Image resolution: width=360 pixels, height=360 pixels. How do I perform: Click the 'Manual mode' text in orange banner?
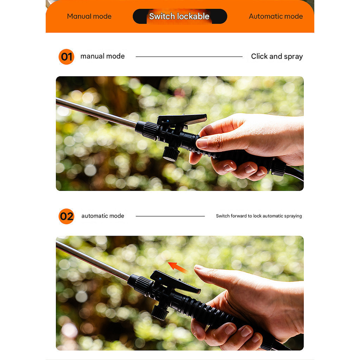tap(89, 16)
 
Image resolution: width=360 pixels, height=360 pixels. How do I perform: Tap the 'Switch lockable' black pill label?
tap(180, 16)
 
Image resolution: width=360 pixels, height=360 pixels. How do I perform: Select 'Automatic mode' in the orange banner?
tap(276, 16)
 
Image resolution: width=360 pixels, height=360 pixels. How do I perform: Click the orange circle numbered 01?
tap(66, 57)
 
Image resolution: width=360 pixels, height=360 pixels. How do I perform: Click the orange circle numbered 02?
tap(66, 216)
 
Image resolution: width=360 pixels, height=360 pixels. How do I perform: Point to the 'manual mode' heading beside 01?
tap(102, 56)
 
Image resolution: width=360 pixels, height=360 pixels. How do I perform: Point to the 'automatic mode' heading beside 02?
tap(103, 216)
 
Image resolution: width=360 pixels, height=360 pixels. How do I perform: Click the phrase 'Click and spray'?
tap(277, 57)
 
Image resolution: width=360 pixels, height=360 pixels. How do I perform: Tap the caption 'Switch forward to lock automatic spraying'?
tap(259, 216)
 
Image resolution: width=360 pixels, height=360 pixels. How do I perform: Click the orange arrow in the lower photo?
tap(177, 267)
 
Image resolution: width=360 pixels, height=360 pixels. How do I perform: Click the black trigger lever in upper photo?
tap(182, 119)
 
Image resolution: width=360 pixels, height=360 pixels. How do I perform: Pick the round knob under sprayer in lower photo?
tap(160, 312)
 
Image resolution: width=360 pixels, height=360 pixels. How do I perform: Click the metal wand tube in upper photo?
tap(96, 113)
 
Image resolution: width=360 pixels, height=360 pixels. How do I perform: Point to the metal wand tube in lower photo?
tap(93, 261)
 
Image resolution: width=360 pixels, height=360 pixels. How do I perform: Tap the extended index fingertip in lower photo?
tap(198, 267)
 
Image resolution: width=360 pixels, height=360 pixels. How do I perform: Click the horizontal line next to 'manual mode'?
tap(189, 57)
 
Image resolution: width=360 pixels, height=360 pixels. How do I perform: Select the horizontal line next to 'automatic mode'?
tap(170, 216)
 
